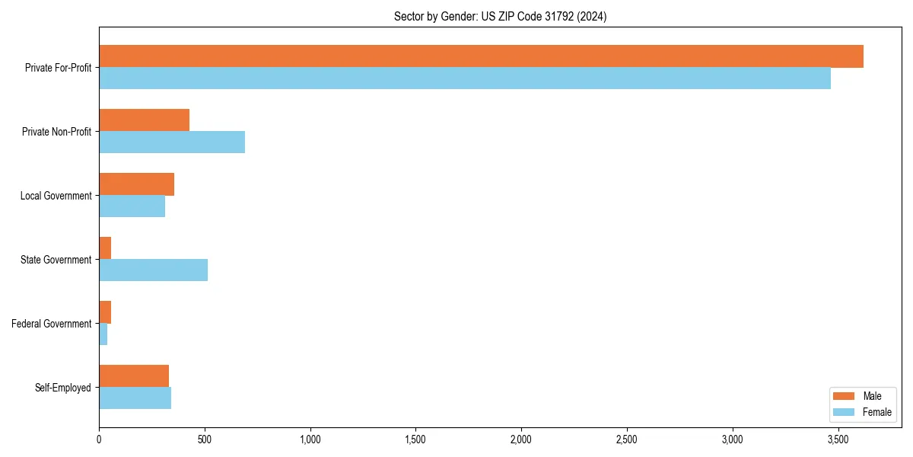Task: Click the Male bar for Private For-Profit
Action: (x=481, y=56)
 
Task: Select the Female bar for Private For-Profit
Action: (x=465, y=78)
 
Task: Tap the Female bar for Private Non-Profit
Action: (x=172, y=142)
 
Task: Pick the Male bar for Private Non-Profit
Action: (x=144, y=120)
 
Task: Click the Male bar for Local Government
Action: (x=136, y=184)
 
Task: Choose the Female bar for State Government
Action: (x=153, y=270)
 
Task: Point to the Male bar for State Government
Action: (x=105, y=248)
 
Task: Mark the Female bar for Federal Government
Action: (x=103, y=334)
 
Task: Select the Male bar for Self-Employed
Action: (x=134, y=376)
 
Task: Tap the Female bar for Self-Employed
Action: (x=135, y=398)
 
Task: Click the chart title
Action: (x=500, y=16)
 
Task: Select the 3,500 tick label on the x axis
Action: (x=838, y=439)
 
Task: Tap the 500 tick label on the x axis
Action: (x=205, y=439)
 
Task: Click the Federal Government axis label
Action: (x=52, y=324)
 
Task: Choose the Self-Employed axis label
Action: (x=63, y=388)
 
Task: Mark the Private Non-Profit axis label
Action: (x=56, y=132)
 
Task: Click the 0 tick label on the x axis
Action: (x=99, y=439)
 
